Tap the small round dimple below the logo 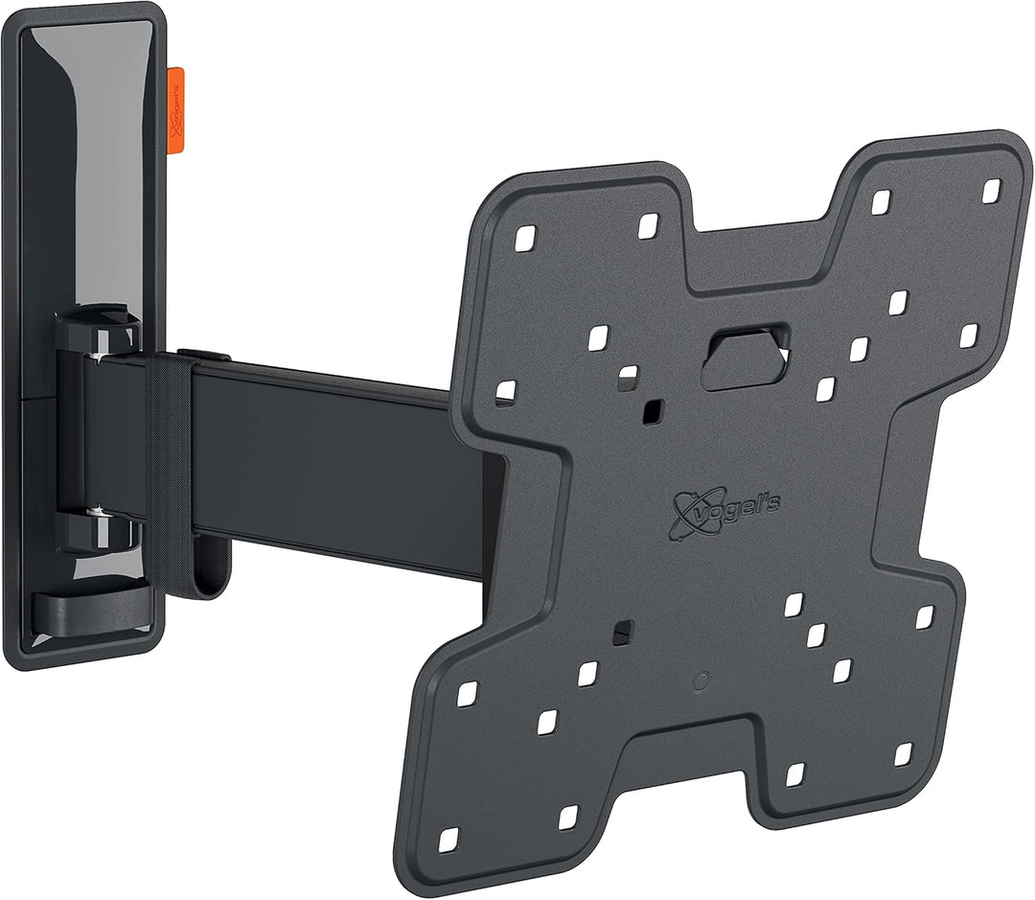[x=700, y=682]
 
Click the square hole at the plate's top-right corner [x=991, y=189]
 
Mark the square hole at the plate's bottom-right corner [x=903, y=753]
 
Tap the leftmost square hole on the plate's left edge [x=505, y=392]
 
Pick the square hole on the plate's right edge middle [x=968, y=335]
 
